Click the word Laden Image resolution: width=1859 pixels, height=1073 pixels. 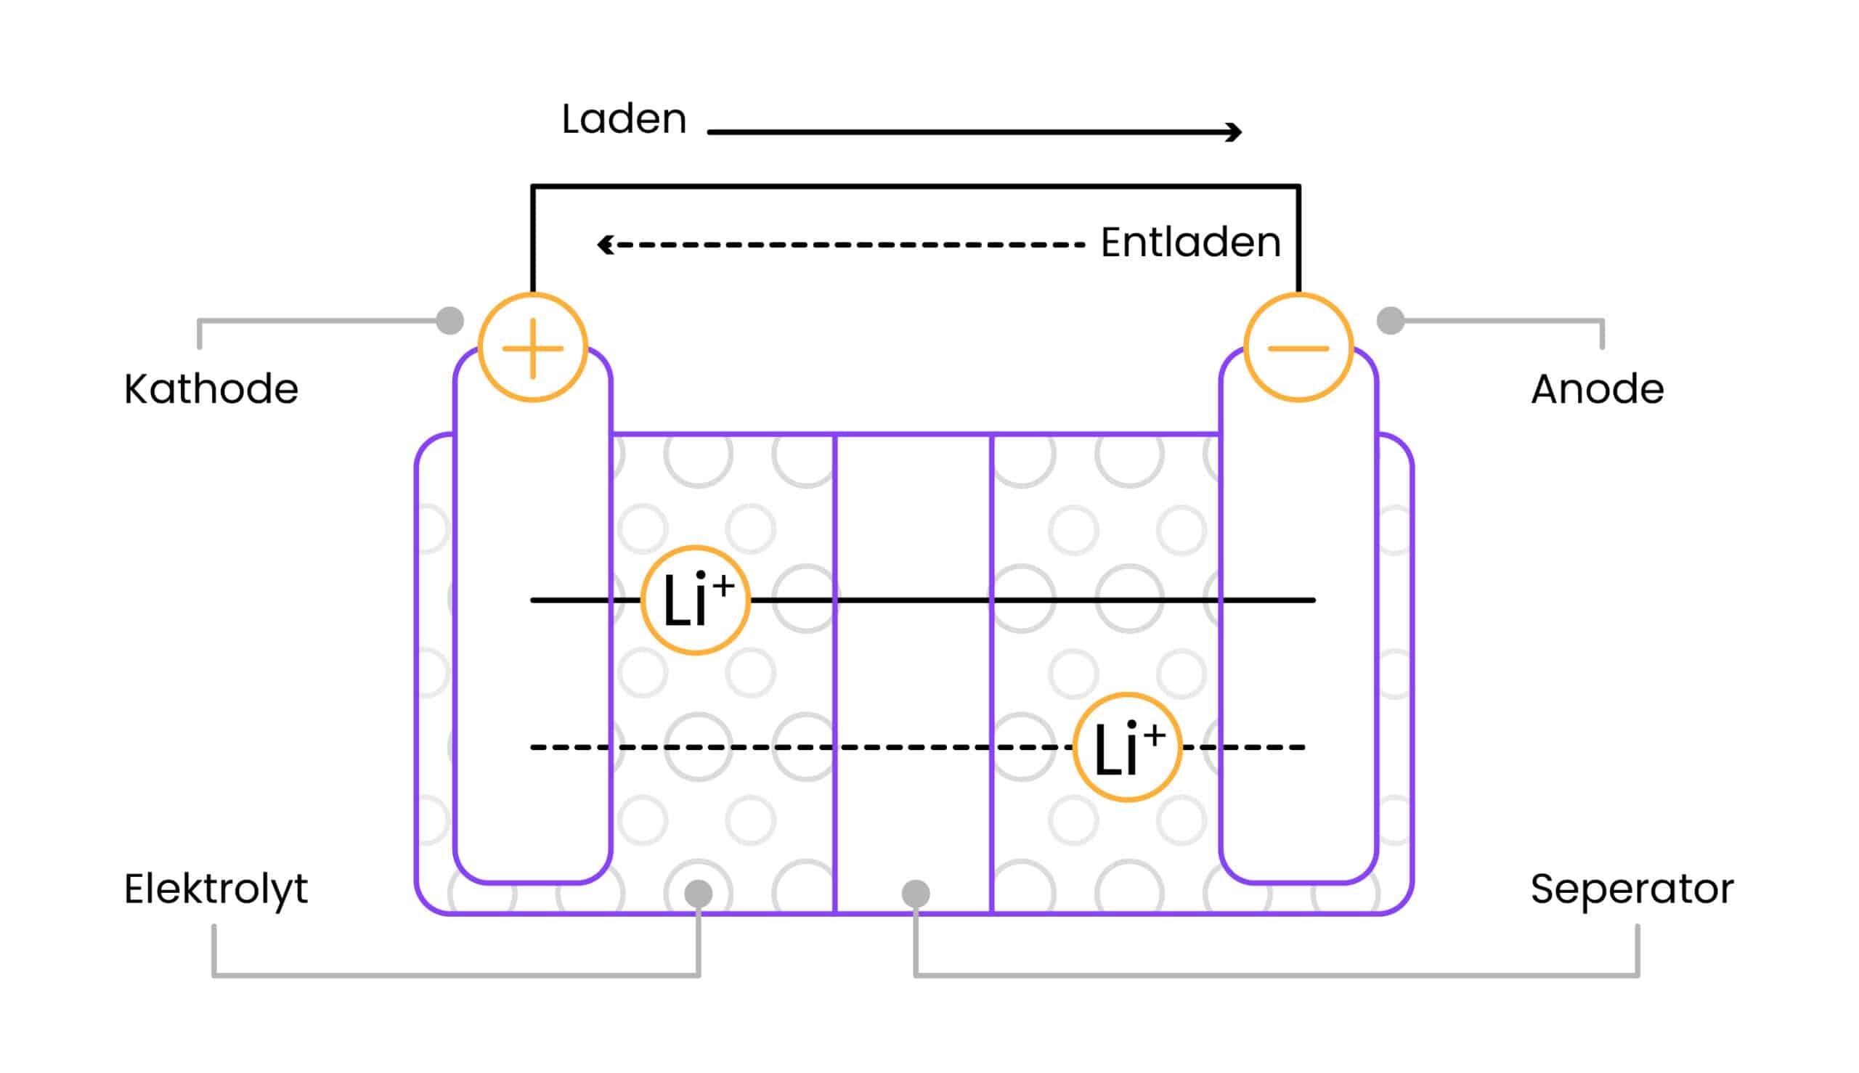click(624, 118)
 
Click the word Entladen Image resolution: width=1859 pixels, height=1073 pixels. click(1189, 242)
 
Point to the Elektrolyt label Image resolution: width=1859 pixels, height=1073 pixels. click(215, 889)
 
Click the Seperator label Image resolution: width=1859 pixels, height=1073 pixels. click(1631, 889)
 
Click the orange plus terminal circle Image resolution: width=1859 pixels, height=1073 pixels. click(532, 347)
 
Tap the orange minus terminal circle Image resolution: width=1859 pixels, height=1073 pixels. click(1298, 347)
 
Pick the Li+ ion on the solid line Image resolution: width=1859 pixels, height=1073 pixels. click(695, 600)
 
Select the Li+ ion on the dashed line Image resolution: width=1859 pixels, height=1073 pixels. click(1126, 747)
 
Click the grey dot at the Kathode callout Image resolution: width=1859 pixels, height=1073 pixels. click(450, 321)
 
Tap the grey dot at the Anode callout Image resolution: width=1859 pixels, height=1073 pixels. click(1390, 321)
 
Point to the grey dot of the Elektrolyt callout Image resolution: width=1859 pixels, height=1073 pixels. click(698, 893)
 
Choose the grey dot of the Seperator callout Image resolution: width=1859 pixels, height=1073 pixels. click(916, 893)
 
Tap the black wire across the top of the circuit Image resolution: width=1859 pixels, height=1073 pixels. click(914, 187)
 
